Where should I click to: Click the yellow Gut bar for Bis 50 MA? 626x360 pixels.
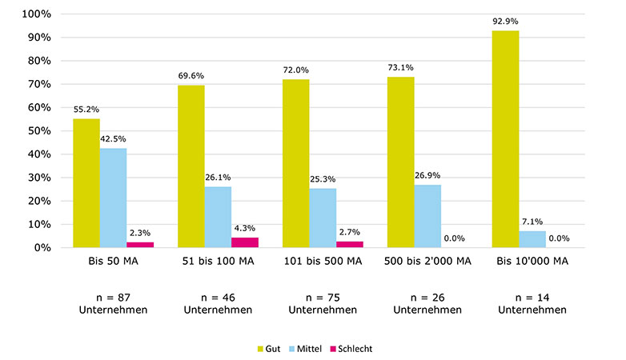click(x=86, y=183)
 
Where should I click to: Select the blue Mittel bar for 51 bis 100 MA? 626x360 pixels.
click(x=218, y=217)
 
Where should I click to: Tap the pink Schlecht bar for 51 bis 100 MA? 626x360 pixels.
click(x=245, y=242)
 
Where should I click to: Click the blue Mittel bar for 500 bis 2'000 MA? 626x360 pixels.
click(x=427, y=216)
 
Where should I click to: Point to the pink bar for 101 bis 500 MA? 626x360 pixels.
click(x=350, y=244)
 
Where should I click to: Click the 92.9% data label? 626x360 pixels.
click(x=506, y=22)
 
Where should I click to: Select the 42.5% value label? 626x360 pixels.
click(x=113, y=139)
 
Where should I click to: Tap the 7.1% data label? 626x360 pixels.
click(x=532, y=222)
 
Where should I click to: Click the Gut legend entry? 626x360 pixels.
click(x=268, y=349)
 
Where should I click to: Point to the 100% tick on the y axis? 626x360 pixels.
click(x=38, y=14)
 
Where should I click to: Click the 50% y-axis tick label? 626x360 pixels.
click(x=40, y=131)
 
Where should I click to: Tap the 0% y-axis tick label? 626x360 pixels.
click(x=43, y=248)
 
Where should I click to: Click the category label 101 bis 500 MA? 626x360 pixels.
click(x=323, y=262)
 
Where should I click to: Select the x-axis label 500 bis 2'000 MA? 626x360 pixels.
click(x=427, y=262)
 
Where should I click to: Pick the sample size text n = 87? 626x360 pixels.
click(x=113, y=297)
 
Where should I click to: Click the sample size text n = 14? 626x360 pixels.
click(x=532, y=297)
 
